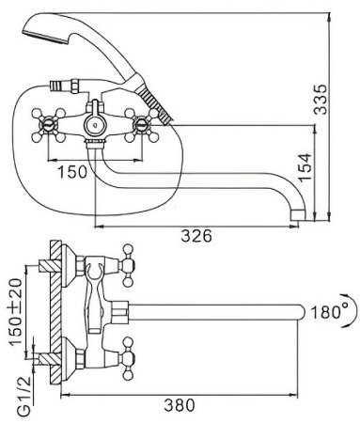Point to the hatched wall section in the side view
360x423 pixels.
54,310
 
